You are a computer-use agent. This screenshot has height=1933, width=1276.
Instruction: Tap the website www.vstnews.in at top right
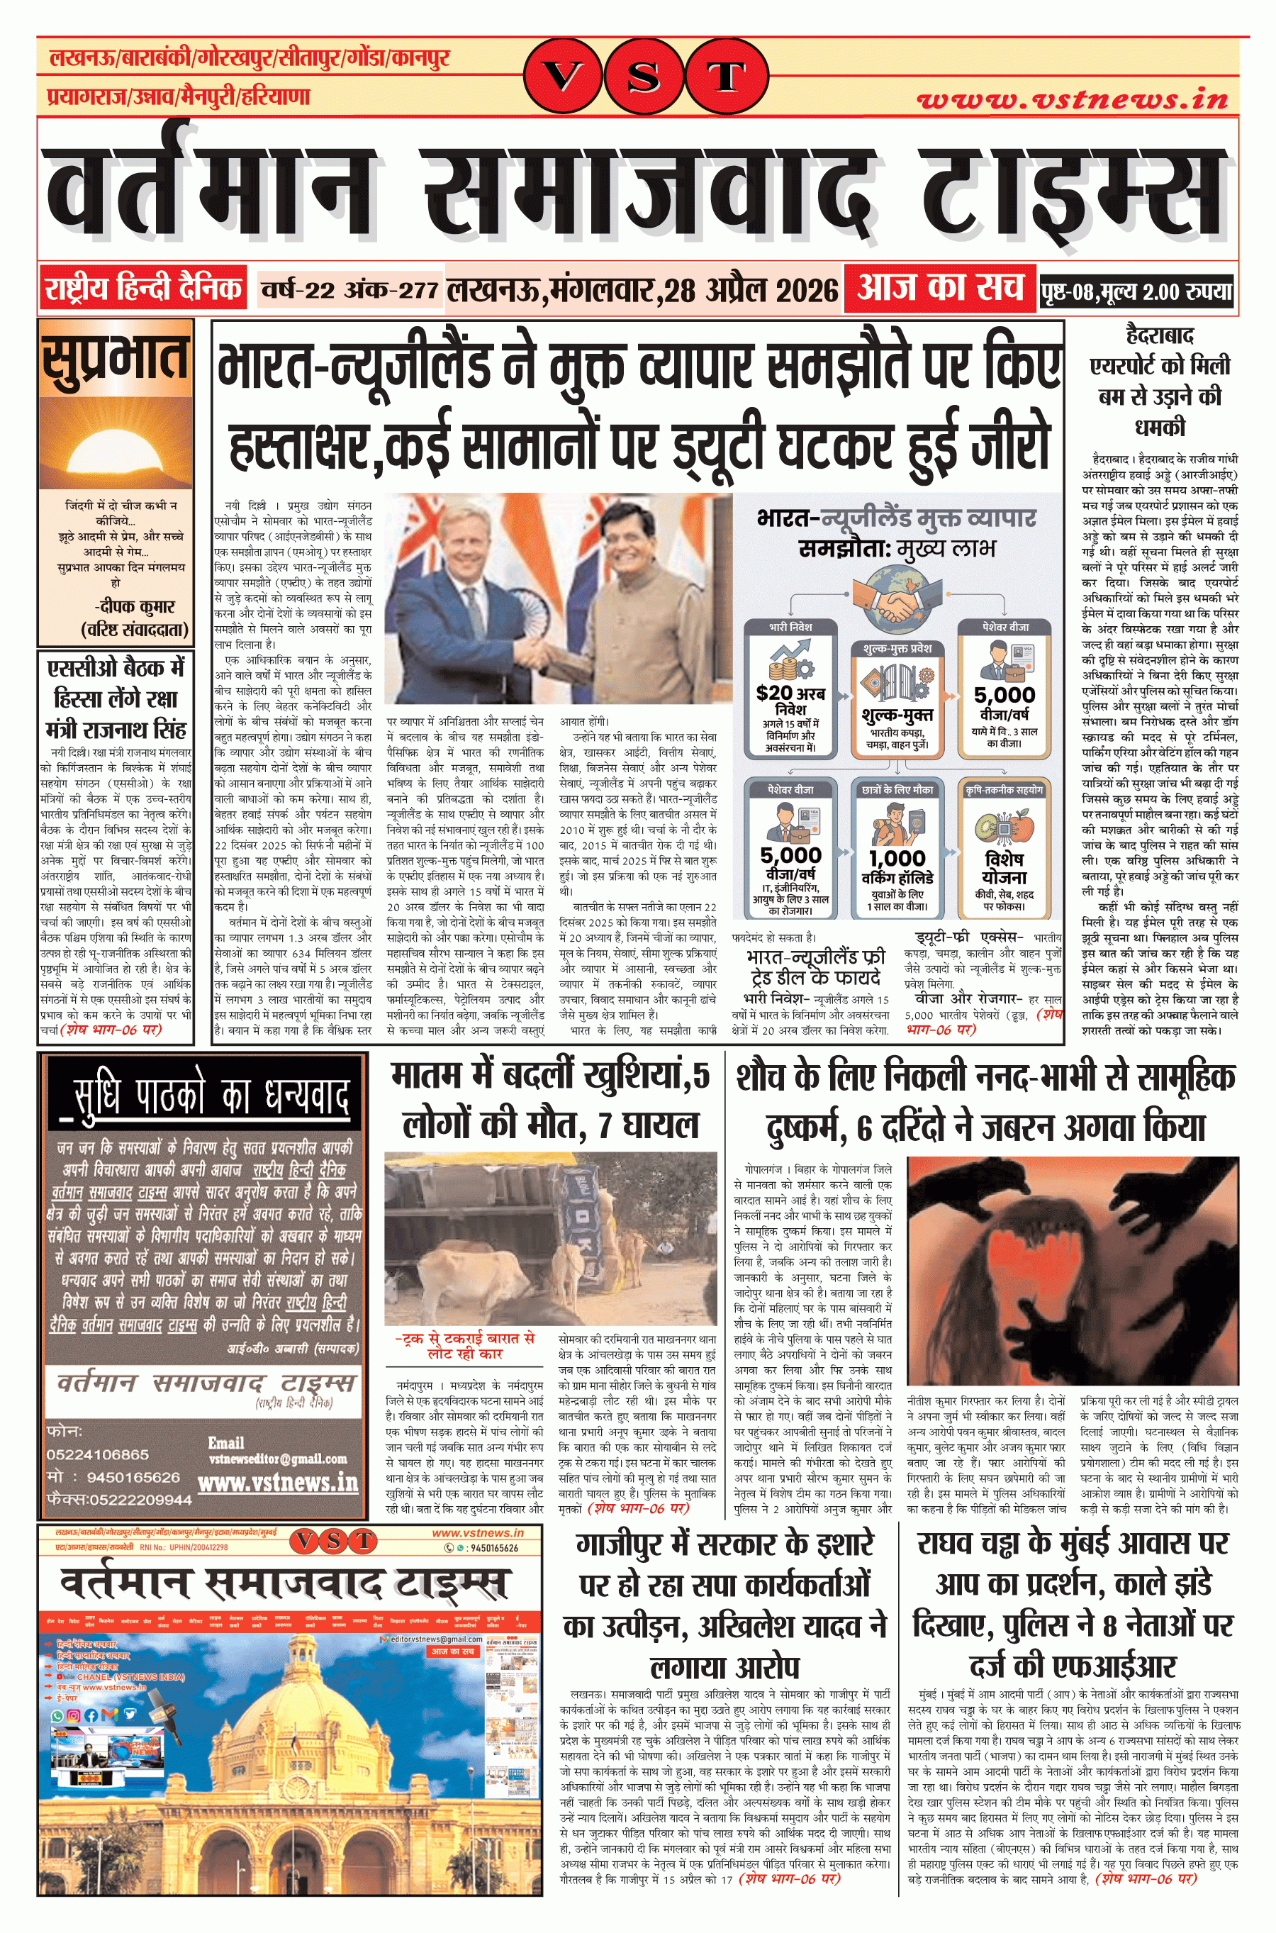coord(1072,99)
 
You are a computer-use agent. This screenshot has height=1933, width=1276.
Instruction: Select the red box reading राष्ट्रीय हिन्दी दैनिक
coord(143,289)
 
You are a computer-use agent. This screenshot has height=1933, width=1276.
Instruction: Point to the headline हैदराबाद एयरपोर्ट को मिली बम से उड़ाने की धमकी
coord(1160,381)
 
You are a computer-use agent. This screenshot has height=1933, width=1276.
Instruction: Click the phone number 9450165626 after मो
coord(133,1477)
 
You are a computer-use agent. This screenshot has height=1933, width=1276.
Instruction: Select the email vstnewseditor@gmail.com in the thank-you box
coord(277,1459)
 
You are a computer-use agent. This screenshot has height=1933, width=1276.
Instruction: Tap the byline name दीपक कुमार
coord(134,606)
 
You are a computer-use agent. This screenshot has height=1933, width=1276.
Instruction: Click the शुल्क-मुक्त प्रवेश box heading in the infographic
coord(897,648)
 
